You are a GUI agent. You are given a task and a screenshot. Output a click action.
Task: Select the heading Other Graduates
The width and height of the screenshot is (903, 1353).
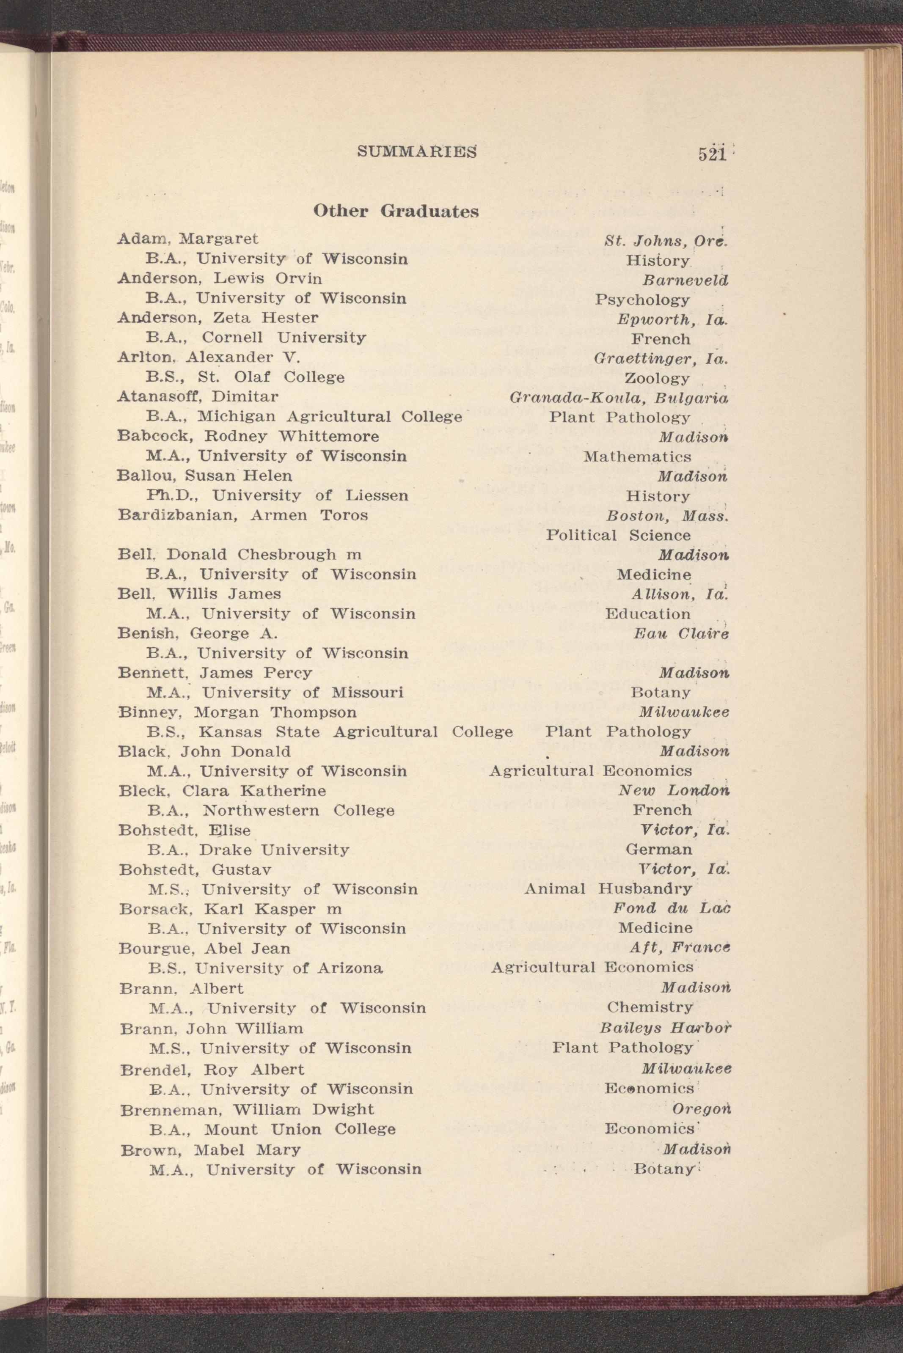[396, 211]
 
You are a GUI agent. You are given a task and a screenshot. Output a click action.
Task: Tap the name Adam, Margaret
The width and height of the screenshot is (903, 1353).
[188, 238]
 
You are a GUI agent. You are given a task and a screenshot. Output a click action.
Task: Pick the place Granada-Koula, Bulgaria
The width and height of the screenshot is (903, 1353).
[619, 398]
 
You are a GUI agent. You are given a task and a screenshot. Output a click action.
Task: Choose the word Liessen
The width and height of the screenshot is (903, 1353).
[377, 495]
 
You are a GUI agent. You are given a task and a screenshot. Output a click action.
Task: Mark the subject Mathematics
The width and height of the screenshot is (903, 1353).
[637, 456]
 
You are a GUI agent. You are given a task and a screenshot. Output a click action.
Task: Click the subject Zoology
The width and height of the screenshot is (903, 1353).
[657, 378]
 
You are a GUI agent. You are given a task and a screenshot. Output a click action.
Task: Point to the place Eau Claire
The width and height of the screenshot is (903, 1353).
[681, 634]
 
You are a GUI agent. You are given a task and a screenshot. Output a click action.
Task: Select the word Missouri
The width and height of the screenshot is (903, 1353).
[367, 692]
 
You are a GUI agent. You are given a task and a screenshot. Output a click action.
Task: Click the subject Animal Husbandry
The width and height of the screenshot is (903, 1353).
[608, 889]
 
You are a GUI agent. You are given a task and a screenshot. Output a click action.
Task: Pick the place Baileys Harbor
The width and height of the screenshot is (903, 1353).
[665, 1028]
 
